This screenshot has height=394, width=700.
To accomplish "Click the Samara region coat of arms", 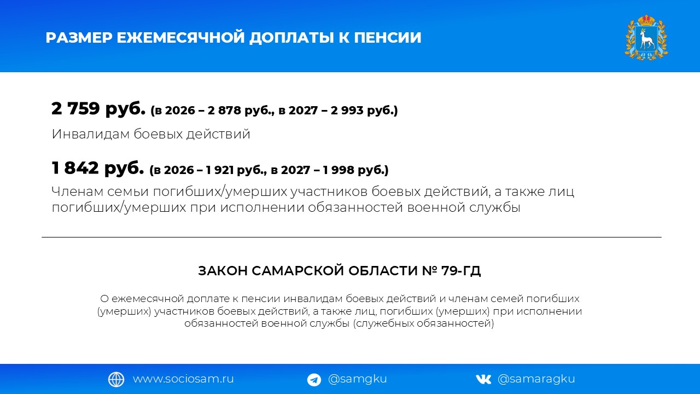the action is tap(646, 37).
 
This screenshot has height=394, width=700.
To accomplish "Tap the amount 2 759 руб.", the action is tap(98, 109).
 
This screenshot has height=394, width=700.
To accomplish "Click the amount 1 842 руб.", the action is tap(98, 168).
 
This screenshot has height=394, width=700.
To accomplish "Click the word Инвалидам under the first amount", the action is tap(91, 134).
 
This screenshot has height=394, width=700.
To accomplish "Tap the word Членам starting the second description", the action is tap(78, 192).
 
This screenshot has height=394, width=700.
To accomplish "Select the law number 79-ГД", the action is tap(461, 271).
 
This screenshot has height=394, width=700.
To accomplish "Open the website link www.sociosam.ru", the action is tap(183, 379).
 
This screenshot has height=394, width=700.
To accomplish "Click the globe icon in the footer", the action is tap(116, 380).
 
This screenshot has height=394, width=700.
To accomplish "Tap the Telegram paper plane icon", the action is tap(314, 380).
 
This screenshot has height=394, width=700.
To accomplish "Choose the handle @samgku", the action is tap(358, 379).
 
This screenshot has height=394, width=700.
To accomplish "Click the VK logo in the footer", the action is tap(483, 380).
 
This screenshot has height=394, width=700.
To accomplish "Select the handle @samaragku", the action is tap(536, 379).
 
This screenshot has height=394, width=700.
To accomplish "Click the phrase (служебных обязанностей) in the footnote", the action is tap(423, 323).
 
